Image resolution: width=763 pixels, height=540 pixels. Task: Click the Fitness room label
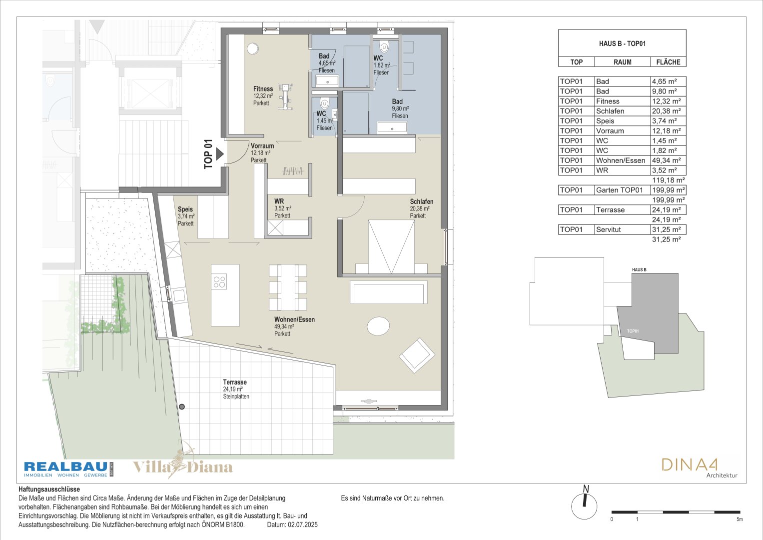pos(263,89)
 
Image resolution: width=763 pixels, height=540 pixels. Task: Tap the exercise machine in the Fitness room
pos(285,97)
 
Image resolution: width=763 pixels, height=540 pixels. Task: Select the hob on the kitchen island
pos(219,282)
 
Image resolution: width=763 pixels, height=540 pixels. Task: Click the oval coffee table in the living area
pos(378,326)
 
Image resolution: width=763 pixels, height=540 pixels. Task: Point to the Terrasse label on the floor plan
pos(235,382)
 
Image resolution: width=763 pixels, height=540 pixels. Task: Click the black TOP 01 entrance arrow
pos(220,154)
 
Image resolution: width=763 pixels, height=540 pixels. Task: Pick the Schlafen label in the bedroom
pos(422,201)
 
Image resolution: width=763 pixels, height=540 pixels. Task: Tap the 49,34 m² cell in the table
pos(668,160)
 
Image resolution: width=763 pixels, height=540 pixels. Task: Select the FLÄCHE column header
pos(668,62)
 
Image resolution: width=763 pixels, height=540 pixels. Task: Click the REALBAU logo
pos(68,469)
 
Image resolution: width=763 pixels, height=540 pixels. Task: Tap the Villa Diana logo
pos(182,465)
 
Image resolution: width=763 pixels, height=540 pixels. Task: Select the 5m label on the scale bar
pos(740,519)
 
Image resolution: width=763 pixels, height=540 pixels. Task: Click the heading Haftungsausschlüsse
pos(49,489)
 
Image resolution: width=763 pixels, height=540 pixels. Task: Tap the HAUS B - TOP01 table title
pos(622,43)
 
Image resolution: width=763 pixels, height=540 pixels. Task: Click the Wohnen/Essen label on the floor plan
pos(295,319)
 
